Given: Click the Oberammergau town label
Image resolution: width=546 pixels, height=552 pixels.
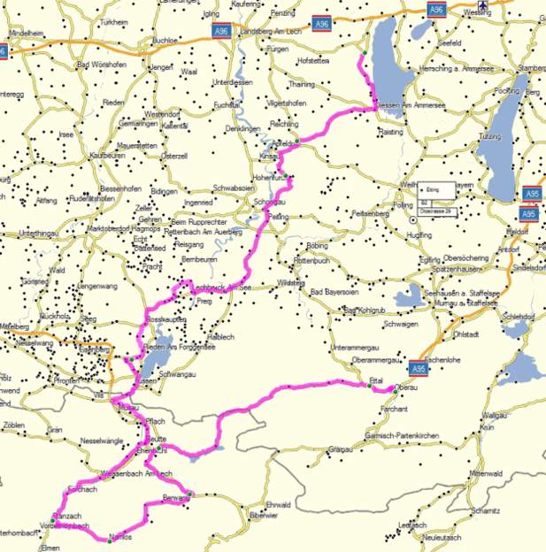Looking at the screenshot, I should (x=377, y=360).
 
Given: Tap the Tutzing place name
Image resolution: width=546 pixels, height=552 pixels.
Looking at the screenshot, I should (x=489, y=137).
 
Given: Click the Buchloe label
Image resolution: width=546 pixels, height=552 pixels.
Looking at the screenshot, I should (x=165, y=40).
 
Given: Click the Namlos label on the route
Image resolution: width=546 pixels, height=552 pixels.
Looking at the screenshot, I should (x=120, y=537).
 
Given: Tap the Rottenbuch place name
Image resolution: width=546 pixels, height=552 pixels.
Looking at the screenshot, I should (x=311, y=261).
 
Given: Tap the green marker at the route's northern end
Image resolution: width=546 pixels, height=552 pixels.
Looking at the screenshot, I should (x=362, y=55).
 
